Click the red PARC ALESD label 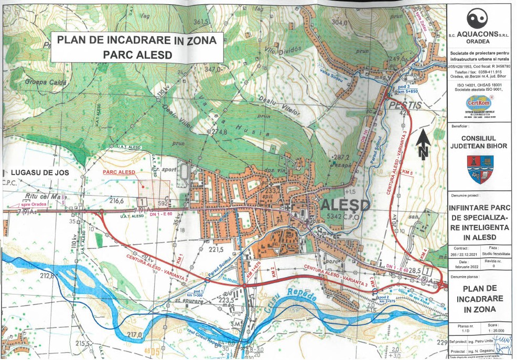tap(120, 172)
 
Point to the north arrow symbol tap(424, 145)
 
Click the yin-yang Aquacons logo tap(461, 19)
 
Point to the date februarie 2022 tap(464, 267)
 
